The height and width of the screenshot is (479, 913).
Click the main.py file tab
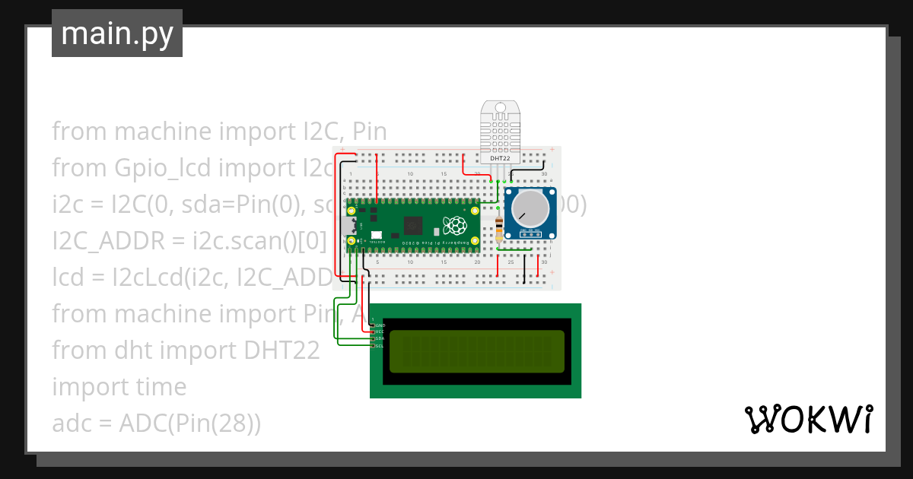pyautogui.click(x=116, y=33)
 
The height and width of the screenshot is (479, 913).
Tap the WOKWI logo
pyautogui.click(x=808, y=419)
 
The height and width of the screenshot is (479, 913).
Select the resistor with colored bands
pyautogui.click(x=498, y=227)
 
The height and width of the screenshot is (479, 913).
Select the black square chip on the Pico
pyautogui.click(x=415, y=226)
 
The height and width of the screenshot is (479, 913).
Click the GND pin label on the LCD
pyautogui.click(x=379, y=325)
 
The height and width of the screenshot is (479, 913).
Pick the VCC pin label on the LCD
pyautogui.click(x=379, y=332)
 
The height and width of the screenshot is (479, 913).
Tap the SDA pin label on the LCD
pyautogui.click(x=379, y=339)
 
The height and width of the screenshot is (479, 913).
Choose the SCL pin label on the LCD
pyautogui.click(x=379, y=346)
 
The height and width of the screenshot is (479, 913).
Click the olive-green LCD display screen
pyautogui.click(x=476, y=351)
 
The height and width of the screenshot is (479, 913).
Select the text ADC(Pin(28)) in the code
pyautogui.click(x=190, y=423)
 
